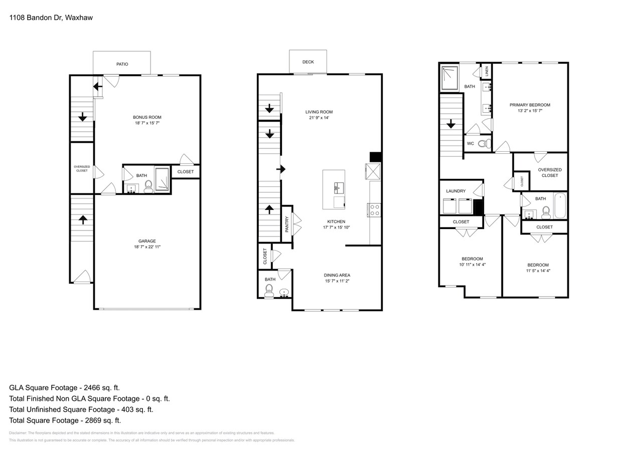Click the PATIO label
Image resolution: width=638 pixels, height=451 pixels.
(x=122, y=64)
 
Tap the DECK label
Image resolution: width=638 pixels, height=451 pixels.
(x=308, y=62)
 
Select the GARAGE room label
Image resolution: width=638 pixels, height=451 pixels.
(x=147, y=241)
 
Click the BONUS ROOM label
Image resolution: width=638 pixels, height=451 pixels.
(x=147, y=117)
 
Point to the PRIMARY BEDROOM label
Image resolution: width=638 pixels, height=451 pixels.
(x=530, y=105)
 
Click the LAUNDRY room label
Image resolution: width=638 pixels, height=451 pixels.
(x=456, y=191)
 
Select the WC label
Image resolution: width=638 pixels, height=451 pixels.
(x=470, y=144)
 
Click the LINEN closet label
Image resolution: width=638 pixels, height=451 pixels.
(x=487, y=72)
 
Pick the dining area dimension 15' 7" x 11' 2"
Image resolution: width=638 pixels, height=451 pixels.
(x=337, y=281)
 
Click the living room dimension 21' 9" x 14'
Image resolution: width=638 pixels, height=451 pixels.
(x=319, y=118)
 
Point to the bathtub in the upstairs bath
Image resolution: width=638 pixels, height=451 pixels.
(x=560, y=205)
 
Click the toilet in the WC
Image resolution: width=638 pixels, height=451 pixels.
(x=483, y=144)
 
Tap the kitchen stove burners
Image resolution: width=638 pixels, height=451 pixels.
(x=375, y=210)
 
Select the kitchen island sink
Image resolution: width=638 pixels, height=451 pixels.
(x=337, y=187)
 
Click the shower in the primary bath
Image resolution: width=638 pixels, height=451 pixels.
(x=449, y=78)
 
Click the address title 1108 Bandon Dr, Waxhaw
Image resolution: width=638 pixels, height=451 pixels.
(x=51, y=18)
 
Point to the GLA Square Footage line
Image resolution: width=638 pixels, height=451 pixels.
(x=64, y=387)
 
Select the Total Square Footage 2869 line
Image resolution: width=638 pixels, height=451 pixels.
(x=65, y=420)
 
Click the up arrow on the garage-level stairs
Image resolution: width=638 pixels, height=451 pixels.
(x=82, y=219)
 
